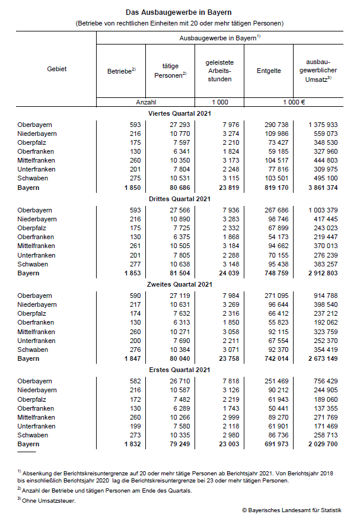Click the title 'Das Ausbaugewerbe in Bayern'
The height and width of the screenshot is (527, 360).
coord(179,12)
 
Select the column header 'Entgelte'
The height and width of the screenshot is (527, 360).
coord(269,70)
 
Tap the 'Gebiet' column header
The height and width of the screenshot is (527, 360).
coord(57,69)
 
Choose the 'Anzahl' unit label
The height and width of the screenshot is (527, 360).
coord(146,101)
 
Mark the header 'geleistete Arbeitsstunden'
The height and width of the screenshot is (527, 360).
coord(219,70)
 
